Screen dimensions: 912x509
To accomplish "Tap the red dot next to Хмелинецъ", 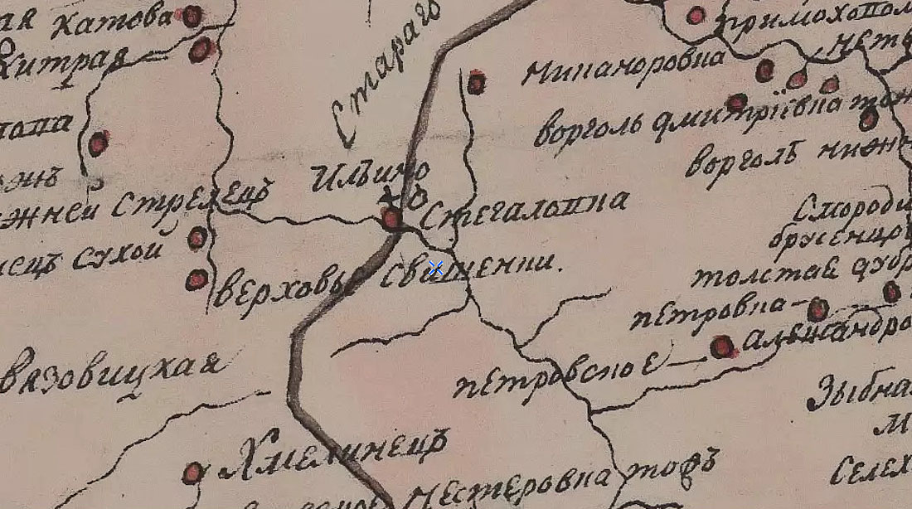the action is coord(193,473).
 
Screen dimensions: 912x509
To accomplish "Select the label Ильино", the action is coord(370,177).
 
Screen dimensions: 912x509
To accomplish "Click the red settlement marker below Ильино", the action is coord(391,219).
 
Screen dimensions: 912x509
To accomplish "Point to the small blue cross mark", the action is coord(436,268).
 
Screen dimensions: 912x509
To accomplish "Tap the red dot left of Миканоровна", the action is coord(476,82).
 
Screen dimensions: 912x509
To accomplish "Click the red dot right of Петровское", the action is coord(723,347).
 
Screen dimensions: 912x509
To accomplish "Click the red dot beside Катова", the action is coord(192,16).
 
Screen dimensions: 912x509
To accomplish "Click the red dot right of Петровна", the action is coord(817,309).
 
